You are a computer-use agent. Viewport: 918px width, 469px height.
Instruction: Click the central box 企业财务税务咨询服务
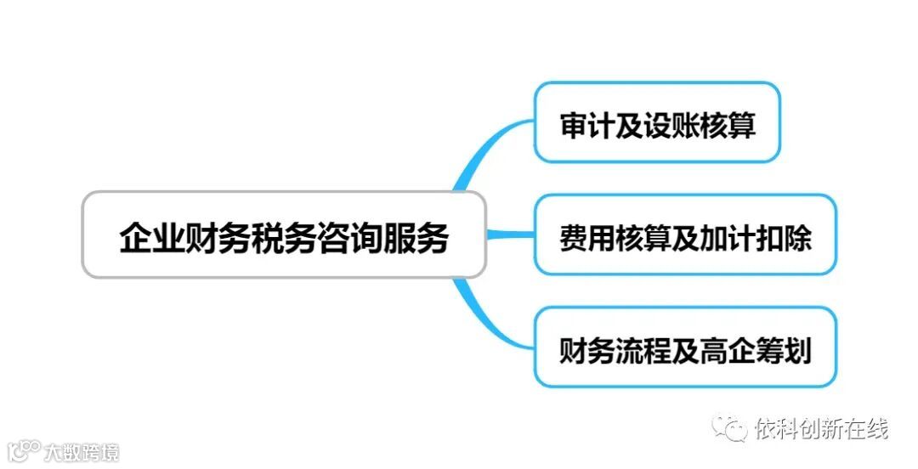tap(284, 235)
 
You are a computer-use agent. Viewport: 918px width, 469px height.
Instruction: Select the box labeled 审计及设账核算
tap(657, 122)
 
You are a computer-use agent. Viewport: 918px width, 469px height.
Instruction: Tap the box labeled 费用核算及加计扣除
tap(685, 234)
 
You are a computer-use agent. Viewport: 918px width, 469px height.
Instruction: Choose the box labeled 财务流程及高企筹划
tap(685, 348)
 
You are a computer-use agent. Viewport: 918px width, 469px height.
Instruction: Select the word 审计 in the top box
tap(584, 124)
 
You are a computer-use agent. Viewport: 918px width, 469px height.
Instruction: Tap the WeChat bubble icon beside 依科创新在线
tap(730, 429)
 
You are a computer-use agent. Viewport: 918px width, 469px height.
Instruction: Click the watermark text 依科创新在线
tap(821, 429)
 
